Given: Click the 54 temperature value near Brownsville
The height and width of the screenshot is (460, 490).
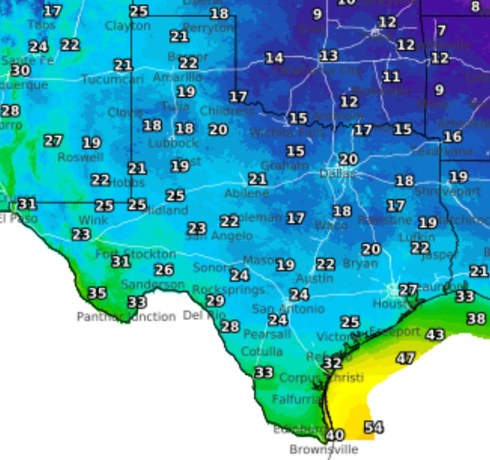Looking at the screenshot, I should [x=373, y=427].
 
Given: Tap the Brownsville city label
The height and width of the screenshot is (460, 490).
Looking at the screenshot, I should [x=324, y=449].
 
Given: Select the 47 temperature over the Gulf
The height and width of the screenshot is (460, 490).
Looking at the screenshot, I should [x=405, y=358].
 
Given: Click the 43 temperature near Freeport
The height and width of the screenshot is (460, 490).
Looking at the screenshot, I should [x=435, y=334].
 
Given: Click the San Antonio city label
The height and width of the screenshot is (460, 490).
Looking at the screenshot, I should [x=288, y=309].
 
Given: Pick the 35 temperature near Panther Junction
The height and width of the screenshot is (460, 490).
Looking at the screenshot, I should [x=97, y=293].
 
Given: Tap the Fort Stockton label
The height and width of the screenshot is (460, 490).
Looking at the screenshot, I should [x=136, y=254].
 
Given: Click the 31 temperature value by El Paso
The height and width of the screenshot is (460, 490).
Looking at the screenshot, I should [x=27, y=204].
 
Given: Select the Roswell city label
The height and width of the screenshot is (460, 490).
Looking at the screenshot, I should [x=80, y=157].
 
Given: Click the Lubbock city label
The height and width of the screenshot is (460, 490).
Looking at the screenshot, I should [x=173, y=143].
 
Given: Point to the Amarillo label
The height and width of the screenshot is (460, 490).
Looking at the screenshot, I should [x=177, y=78].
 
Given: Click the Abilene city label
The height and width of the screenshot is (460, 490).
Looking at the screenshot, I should [x=246, y=194].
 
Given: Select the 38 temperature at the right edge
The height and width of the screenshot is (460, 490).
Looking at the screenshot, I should [x=476, y=319].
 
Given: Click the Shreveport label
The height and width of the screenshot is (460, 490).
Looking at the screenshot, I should [x=447, y=191].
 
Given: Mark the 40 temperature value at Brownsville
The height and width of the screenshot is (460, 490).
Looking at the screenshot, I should [x=335, y=435].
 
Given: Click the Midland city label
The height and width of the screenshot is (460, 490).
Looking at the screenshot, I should [x=165, y=210].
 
